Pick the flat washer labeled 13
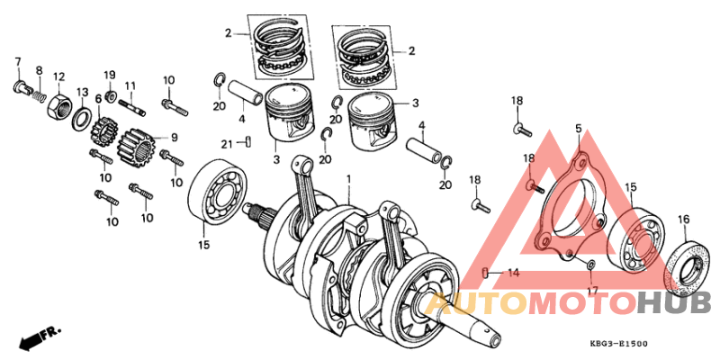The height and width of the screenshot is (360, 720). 80,116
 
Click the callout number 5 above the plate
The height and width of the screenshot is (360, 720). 578,130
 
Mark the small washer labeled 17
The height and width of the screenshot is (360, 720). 589,265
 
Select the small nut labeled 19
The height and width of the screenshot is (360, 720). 109,94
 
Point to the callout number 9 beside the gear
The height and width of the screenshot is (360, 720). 174,138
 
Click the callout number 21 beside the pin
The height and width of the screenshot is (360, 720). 228,142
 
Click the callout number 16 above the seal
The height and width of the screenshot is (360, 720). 683,220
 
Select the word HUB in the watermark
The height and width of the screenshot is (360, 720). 674,303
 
